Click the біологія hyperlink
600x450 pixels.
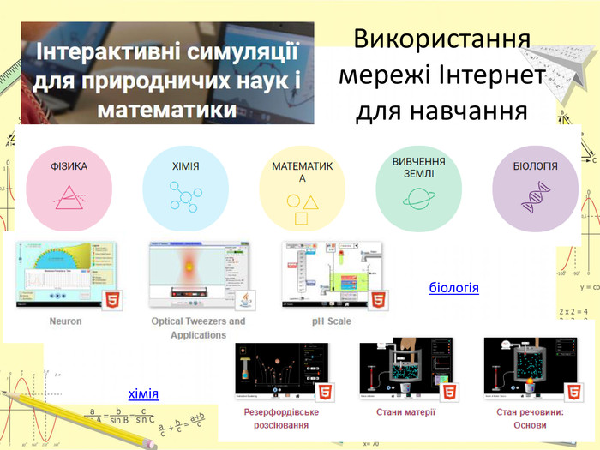(x=453, y=287)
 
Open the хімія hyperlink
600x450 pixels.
(x=143, y=393)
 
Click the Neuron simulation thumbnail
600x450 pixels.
(x=65, y=273)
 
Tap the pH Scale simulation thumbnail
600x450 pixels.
(x=336, y=273)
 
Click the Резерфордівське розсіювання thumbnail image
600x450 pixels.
(x=284, y=369)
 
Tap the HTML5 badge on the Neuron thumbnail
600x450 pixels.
(x=111, y=301)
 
